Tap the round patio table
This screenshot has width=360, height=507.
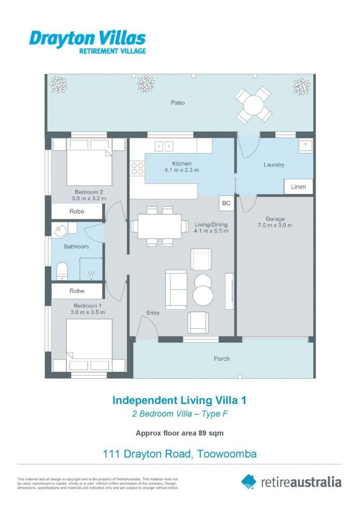click(x=253, y=104)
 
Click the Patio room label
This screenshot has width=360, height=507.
click(x=177, y=102)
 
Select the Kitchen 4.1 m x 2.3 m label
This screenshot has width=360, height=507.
click(x=181, y=167)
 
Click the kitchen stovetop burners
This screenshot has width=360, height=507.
click(x=137, y=168)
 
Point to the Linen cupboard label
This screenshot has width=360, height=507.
click(x=298, y=187)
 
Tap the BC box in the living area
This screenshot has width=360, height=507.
click(x=226, y=203)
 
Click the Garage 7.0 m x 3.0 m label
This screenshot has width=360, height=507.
click(x=275, y=222)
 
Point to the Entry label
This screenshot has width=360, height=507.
click(x=153, y=313)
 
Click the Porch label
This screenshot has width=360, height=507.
click(x=222, y=359)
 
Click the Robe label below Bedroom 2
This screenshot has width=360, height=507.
click(x=77, y=212)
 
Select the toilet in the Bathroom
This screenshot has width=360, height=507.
click(x=61, y=271)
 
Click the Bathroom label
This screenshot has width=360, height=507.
click(x=76, y=246)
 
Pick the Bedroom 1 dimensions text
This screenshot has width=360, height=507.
click(x=87, y=312)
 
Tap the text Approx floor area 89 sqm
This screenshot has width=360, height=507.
click(x=180, y=433)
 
